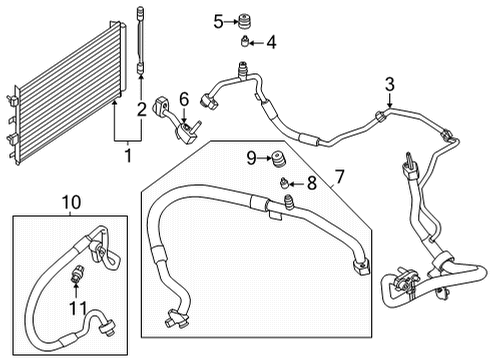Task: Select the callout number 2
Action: pyautogui.click(x=143, y=108)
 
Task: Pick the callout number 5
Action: pyautogui.click(x=218, y=20)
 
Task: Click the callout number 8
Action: pyautogui.click(x=311, y=182)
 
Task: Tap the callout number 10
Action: pyautogui.click(x=71, y=203)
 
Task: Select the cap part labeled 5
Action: pyautogui.click(x=242, y=20)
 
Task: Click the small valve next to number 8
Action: pyautogui.click(x=286, y=182)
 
